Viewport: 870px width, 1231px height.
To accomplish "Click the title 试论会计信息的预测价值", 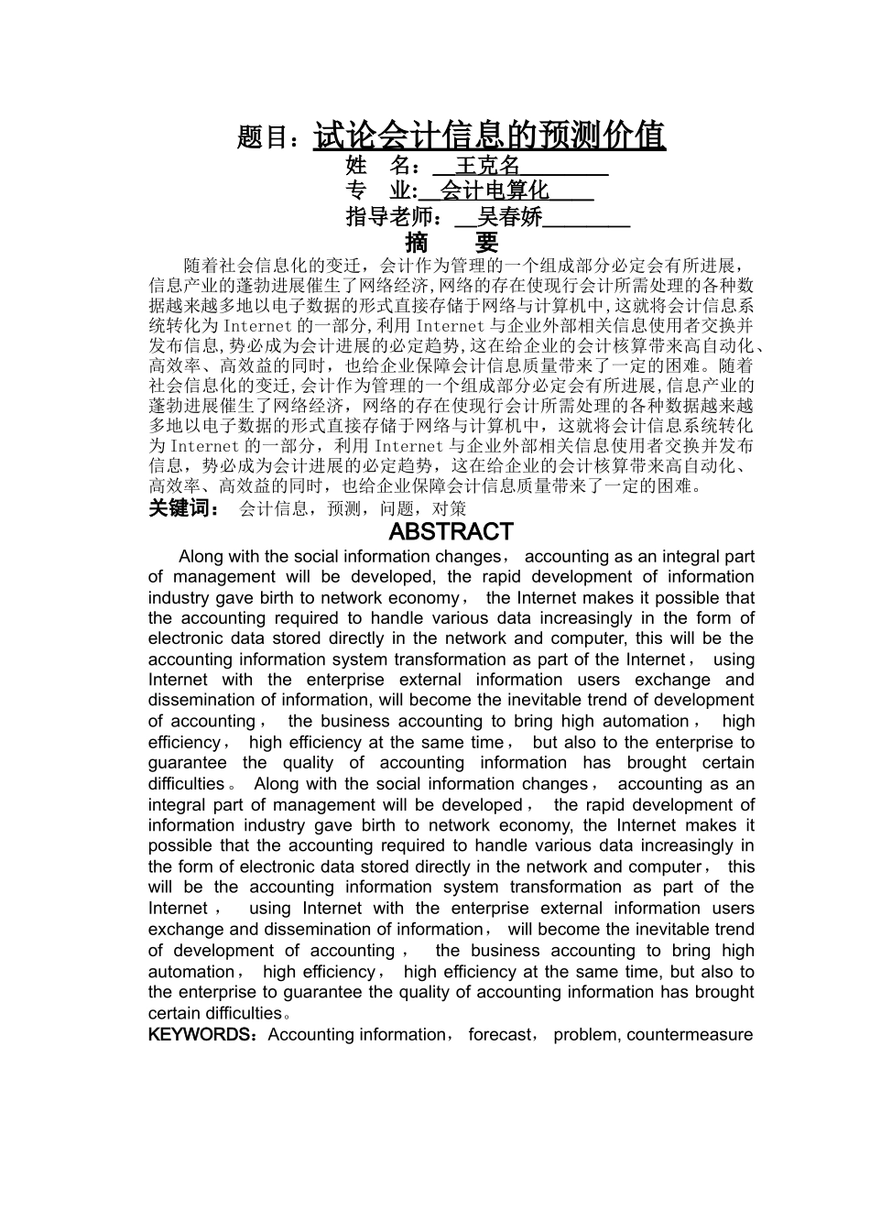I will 489,136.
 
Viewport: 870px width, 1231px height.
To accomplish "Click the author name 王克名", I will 487,166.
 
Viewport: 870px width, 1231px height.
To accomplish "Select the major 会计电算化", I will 495,191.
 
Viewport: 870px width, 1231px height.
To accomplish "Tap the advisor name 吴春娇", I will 509,217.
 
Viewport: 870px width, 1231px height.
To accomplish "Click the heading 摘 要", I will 452,243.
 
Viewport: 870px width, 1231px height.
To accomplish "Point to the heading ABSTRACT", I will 451,532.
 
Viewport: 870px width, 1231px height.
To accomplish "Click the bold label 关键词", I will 181,508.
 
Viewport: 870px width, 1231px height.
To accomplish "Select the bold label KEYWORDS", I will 201,1035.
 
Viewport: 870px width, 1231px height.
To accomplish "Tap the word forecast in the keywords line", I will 500,1035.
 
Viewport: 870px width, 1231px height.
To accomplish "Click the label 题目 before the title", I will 266,137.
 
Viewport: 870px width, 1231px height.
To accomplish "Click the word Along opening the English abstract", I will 200,557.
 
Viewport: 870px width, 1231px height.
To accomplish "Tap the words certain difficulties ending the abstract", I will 214,1014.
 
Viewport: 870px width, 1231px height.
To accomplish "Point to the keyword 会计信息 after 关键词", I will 273,509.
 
